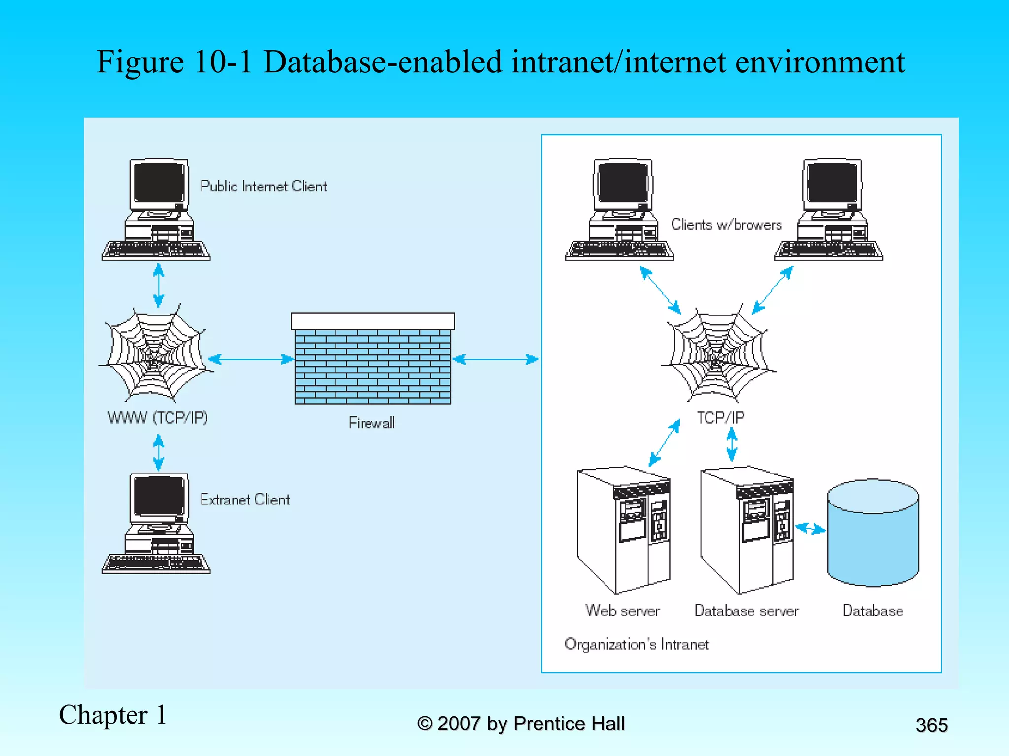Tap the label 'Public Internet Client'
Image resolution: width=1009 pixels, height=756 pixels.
[263, 187]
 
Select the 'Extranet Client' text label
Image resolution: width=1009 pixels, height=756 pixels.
[245, 500]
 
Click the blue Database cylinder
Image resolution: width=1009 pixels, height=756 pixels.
[873, 534]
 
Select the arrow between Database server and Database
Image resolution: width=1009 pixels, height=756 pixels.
[810, 529]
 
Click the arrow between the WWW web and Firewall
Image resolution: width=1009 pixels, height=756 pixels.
[251, 359]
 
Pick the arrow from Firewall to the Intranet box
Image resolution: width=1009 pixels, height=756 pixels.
[495, 359]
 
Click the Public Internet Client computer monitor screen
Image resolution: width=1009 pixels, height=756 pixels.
[159, 183]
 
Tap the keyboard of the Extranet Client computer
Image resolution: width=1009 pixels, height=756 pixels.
[156, 564]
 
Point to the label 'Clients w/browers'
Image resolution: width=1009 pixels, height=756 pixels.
[726, 225]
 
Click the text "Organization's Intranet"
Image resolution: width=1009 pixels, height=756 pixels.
[637, 644]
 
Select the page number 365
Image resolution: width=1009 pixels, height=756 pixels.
[931, 725]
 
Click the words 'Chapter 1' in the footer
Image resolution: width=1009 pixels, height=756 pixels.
[112, 715]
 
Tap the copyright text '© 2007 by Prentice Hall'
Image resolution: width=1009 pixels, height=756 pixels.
[521, 724]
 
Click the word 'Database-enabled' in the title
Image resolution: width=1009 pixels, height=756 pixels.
[382, 62]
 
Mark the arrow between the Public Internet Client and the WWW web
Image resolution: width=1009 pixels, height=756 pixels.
[158, 285]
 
